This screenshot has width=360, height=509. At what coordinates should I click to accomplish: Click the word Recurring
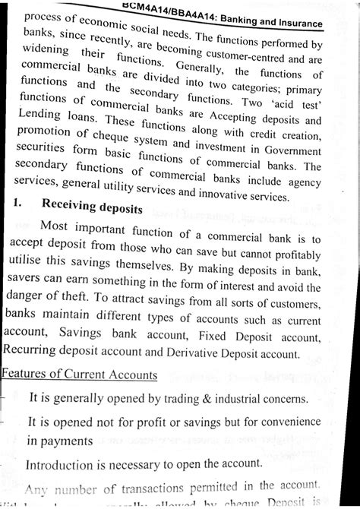35,349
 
